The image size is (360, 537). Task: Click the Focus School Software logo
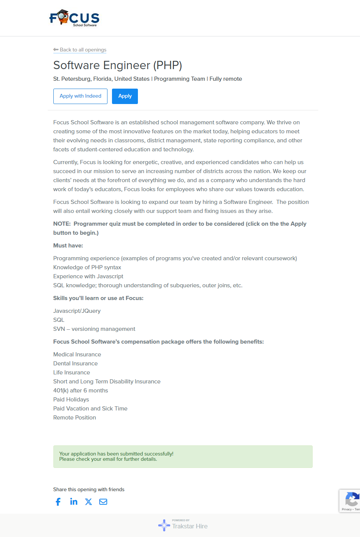pyautogui.click(x=74, y=18)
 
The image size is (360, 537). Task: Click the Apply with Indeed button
pyautogui.click(x=80, y=96)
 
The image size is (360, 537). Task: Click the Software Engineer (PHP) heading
pyautogui.click(x=118, y=65)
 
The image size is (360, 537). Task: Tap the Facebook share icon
pyautogui.click(x=58, y=502)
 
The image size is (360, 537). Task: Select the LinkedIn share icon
pyautogui.click(x=74, y=502)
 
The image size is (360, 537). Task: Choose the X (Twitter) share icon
pyautogui.click(x=88, y=502)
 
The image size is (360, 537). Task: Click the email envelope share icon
pyautogui.click(x=103, y=502)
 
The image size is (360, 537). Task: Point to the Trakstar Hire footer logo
pyautogui.click(x=183, y=525)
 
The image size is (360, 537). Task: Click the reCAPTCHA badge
pyautogui.click(x=350, y=501)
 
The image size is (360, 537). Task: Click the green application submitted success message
pyautogui.click(x=183, y=456)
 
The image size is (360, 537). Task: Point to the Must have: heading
pyautogui.click(x=68, y=246)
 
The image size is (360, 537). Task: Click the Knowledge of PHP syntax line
pyautogui.click(x=87, y=267)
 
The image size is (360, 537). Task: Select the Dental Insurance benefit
pyautogui.click(x=76, y=364)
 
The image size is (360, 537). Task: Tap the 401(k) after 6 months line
pyautogui.click(x=81, y=391)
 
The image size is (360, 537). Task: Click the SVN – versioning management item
pyautogui.click(x=94, y=329)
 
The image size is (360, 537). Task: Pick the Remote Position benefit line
pyautogui.click(x=75, y=418)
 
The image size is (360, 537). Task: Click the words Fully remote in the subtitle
pyautogui.click(x=226, y=79)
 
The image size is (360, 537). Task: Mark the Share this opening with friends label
pyautogui.click(x=89, y=489)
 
